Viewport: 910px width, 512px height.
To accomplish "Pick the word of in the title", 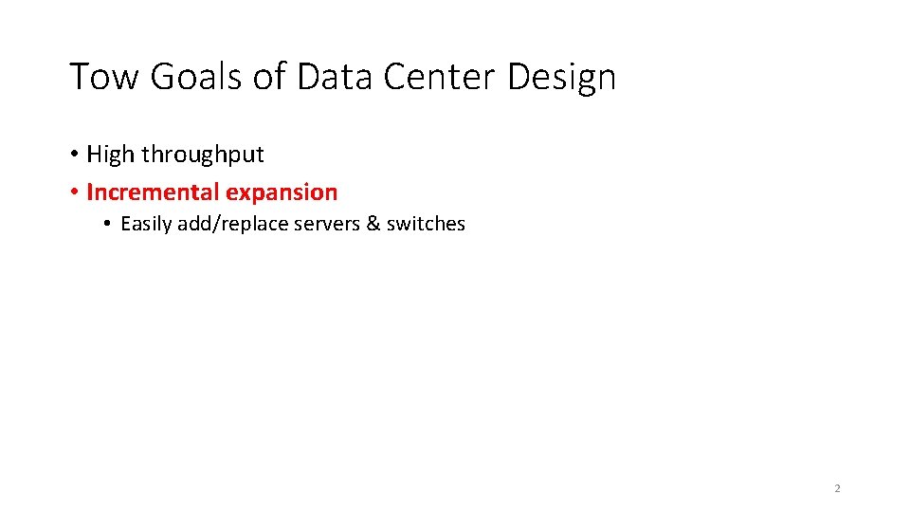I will pyautogui.click(x=270, y=77).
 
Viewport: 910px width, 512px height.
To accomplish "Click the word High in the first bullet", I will pyautogui.click(x=111, y=155).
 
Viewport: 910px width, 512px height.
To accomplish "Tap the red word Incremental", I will pyautogui.click(x=153, y=192).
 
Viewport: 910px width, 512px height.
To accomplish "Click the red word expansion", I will pyautogui.click(x=282, y=193).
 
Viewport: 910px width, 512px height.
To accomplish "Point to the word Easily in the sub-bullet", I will pyautogui.click(x=146, y=225).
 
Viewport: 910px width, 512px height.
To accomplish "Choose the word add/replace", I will pyautogui.click(x=228, y=225).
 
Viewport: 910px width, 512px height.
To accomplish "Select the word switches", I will pyautogui.click(x=426, y=225).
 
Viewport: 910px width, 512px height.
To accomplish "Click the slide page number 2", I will pyautogui.click(x=837, y=488).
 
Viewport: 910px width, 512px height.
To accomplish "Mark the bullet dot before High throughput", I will pyautogui.click(x=73, y=155).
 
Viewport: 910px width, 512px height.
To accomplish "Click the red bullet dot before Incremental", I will pyautogui.click(x=73, y=192).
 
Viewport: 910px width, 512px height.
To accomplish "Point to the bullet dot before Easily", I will pyautogui.click(x=109, y=225).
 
